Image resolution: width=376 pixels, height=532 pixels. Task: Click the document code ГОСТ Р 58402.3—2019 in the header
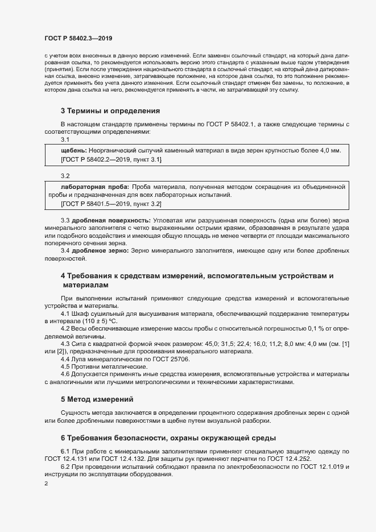[x=78, y=39]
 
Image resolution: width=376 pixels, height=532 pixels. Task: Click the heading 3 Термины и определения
[x=110, y=110]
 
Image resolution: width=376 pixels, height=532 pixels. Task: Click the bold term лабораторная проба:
[x=95, y=186]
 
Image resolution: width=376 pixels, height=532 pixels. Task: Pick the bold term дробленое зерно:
[x=96, y=250]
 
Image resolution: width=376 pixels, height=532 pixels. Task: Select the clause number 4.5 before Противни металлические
[x=65, y=367]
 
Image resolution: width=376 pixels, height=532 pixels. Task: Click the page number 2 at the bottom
[x=46, y=484]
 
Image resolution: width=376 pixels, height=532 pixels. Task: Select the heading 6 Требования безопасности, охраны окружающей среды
[x=168, y=438]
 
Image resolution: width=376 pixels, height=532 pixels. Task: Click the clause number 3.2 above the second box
[x=65, y=176]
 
